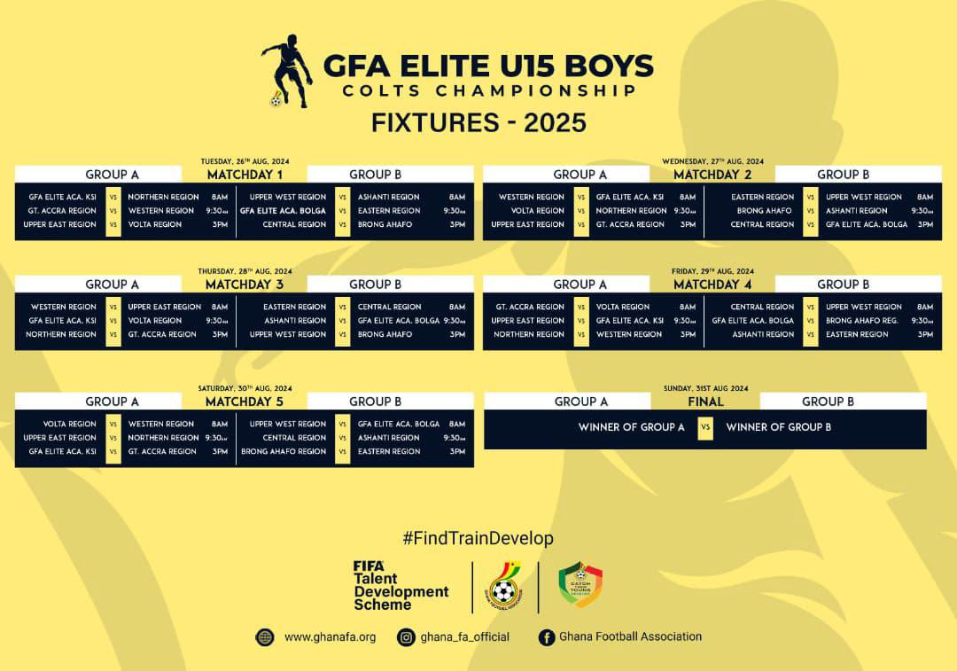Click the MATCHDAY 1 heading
245,175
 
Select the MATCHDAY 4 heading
712,285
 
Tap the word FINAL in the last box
705,402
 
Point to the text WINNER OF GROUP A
632,427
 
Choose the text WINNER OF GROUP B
778,427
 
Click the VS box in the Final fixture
705,427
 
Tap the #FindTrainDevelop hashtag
478,538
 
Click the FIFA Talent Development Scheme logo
401,585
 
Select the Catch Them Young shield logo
580,585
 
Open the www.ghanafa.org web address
330,636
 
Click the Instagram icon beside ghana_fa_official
406,636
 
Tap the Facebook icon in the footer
547,636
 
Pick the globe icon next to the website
264,636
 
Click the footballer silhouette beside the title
289,71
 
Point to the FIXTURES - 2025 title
478,121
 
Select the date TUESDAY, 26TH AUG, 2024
245,161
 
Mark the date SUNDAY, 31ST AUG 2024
705,388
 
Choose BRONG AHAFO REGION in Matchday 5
284,451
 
